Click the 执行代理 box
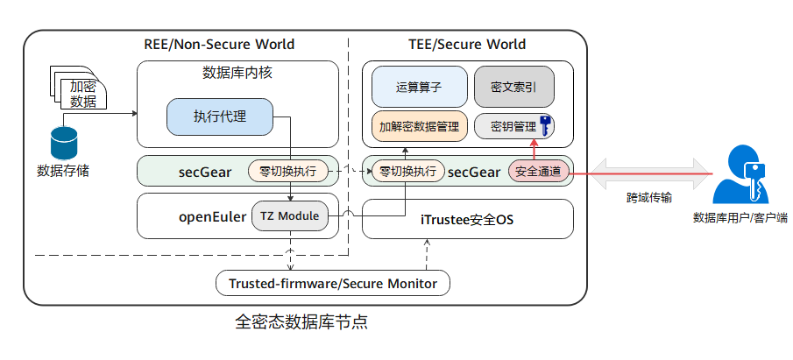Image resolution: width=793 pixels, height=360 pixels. pyautogui.click(x=220, y=117)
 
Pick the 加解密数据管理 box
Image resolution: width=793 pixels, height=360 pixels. pyautogui.click(x=419, y=126)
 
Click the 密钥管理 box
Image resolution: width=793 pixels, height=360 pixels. pyautogui.click(x=507, y=126)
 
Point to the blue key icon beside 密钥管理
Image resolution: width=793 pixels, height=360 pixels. pyautogui.click(x=544, y=125)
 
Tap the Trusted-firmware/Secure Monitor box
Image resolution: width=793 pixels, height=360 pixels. pyautogui.click(x=333, y=283)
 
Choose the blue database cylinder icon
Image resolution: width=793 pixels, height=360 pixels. pyautogui.click(x=63, y=143)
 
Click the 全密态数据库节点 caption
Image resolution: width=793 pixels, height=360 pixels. pyautogui.click(x=301, y=322)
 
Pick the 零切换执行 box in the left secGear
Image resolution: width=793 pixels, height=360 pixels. pyautogui.click(x=288, y=171)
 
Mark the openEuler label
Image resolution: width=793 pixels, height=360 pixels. pyautogui.click(x=211, y=215)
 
